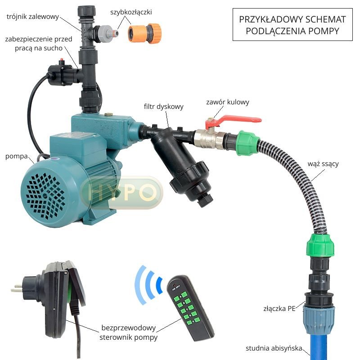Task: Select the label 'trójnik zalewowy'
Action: (33, 17)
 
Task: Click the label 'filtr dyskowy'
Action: (164, 107)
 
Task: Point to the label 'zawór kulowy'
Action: (228, 102)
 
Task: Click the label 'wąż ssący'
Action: (323, 164)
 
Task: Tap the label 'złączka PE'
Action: (279, 308)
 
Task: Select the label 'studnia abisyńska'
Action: (274, 348)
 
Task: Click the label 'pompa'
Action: (17, 156)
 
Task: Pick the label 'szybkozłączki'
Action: (131, 12)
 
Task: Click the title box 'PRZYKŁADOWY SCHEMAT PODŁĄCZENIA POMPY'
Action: (292, 25)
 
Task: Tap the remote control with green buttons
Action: (190, 308)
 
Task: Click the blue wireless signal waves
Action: (148, 285)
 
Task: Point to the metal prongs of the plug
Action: (17, 288)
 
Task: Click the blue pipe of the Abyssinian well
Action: (319, 346)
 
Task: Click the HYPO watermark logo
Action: (121, 193)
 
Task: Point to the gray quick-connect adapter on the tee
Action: (106, 33)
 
